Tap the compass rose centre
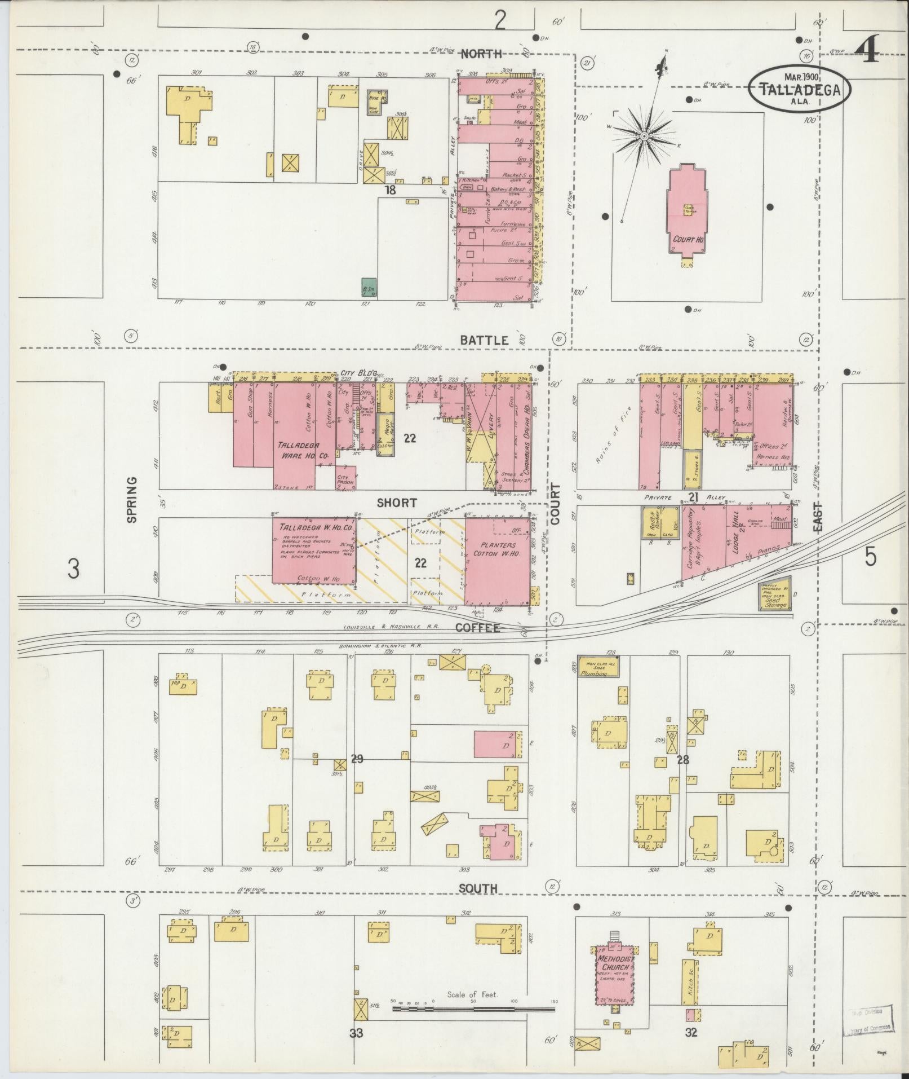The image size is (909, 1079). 644,136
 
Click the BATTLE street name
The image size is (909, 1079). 484,341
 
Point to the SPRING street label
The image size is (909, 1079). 132,500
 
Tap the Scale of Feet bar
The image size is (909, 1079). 473,1007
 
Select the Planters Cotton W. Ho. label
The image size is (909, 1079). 498,550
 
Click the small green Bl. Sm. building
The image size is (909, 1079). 369,287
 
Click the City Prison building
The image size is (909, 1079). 345,478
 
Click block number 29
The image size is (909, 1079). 356,760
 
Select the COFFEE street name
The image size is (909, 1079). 477,628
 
